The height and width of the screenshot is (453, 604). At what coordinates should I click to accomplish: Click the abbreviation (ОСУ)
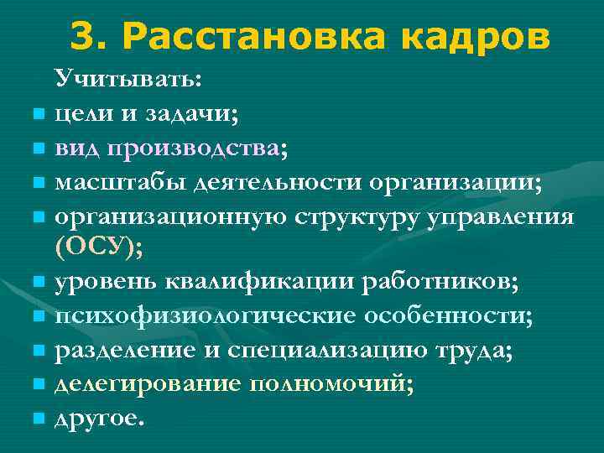click(x=97, y=247)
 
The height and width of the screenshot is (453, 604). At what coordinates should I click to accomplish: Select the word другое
click(x=99, y=420)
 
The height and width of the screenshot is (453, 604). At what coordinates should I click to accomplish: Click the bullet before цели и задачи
click(x=39, y=114)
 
